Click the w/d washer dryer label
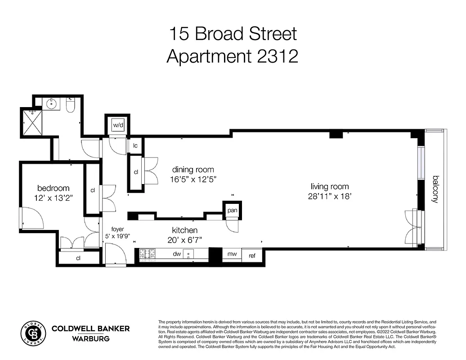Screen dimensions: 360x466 [118, 125]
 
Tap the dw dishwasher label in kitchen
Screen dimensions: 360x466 [177, 254]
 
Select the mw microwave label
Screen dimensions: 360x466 [232, 254]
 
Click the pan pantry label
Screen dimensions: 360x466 [232, 210]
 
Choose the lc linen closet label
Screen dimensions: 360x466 [135, 145]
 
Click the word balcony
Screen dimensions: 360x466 [435, 189]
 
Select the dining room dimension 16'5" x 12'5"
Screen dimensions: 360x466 [193, 179]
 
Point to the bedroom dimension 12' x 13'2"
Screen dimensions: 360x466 [54, 197]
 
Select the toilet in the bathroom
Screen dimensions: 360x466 [71, 105]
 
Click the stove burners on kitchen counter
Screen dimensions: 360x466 [148, 255]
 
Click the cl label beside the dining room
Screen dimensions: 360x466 [135, 172]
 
